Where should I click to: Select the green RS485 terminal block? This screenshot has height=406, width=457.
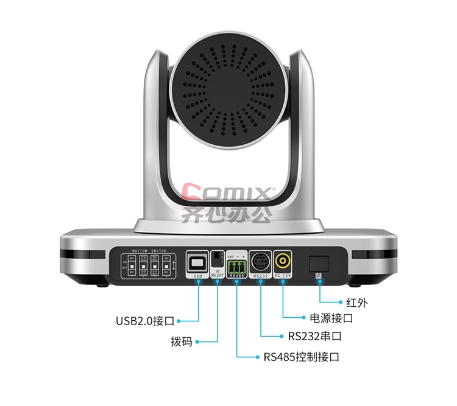coord(237,266)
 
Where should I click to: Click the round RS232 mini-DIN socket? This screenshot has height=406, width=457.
coord(260,262)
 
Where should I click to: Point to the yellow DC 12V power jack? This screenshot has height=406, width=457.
coord(282,261)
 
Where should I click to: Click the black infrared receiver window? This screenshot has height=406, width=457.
coord(319,263)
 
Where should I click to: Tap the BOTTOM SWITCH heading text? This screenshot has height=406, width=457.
coord(149,251)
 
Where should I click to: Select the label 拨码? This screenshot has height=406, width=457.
coord(182,341)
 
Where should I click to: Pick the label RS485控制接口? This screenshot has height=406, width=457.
coord(301,356)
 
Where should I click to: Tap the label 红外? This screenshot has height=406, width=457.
coord(356,302)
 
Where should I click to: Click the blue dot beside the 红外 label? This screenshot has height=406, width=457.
coord(340,301)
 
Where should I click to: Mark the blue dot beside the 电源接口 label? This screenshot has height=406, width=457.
coord(303,317)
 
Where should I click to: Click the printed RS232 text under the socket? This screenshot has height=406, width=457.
coord(260,276)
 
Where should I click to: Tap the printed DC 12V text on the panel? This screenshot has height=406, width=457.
coord(282,276)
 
